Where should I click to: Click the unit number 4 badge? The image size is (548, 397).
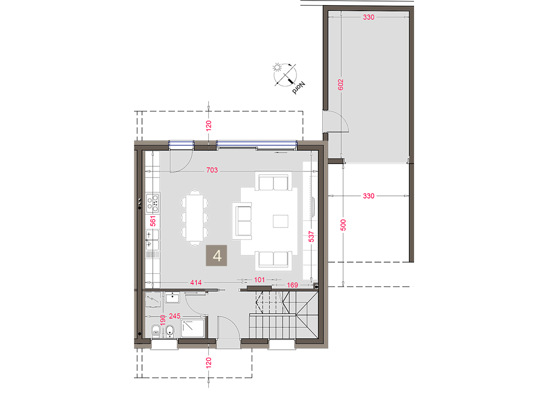[216, 256]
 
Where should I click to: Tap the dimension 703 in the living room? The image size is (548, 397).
[212, 170]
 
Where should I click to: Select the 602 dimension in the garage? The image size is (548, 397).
[341, 84]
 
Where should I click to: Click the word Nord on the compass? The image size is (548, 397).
[299, 88]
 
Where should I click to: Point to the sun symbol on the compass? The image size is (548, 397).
[278, 67]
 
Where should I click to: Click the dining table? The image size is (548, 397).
[195, 218]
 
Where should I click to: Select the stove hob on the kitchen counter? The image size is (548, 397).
[153, 203]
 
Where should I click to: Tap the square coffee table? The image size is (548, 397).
[280, 221]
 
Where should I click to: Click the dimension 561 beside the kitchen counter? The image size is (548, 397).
[153, 221]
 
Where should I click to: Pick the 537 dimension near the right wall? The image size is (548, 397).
[311, 237]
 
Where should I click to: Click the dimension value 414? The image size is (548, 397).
[196, 282]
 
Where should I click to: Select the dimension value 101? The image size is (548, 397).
[259, 279]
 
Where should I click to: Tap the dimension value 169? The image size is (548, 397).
[292, 285]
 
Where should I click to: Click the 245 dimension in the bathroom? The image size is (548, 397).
[175, 316]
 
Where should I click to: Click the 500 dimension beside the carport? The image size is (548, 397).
[343, 225]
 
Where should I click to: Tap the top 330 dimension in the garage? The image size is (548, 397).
[368, 17]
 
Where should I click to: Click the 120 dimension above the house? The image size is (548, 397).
[209, 125]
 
